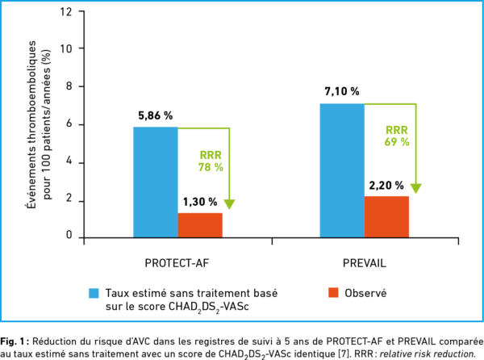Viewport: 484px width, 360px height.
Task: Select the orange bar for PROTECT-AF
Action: [200, 225]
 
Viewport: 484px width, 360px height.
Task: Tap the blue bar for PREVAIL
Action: [342, 170]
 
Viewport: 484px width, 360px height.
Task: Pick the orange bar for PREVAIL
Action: [387, 216]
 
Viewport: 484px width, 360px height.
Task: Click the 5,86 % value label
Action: [154, 115]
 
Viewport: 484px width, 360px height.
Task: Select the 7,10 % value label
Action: [341, 92]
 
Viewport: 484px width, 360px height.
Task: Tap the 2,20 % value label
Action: [387, 185]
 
